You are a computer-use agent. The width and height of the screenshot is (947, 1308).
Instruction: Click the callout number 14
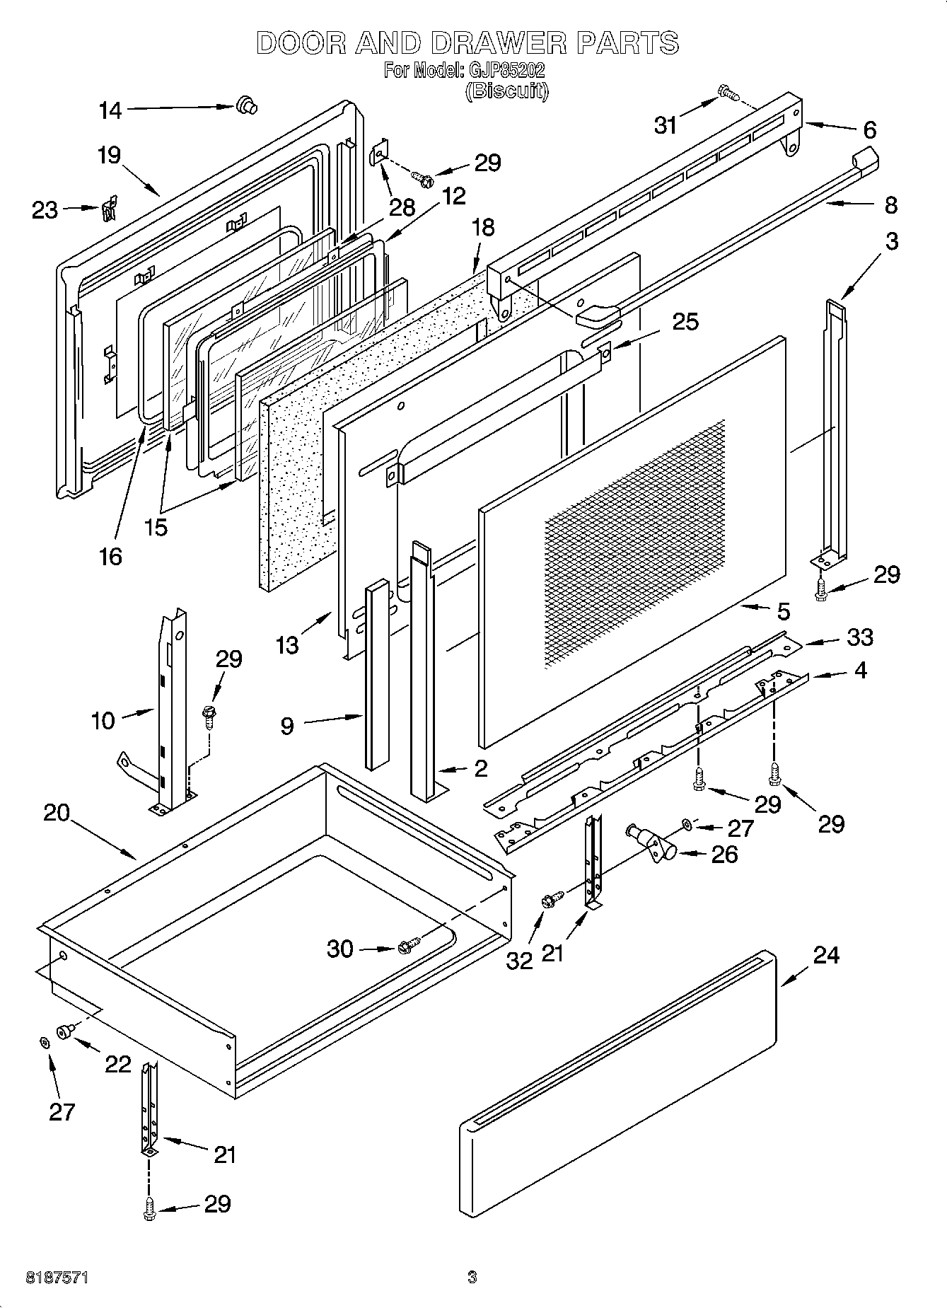click(110, 110)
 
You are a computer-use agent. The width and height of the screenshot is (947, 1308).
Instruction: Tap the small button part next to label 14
click(246, 105)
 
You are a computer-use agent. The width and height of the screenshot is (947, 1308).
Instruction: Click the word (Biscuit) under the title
click(506, 91)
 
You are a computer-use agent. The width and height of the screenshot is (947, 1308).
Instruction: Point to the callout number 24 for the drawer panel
click(825, 956)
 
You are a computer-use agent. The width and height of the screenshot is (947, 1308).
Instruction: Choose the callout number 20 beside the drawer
click(57, 813)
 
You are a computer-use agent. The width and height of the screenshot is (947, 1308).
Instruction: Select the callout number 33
click(859, 637)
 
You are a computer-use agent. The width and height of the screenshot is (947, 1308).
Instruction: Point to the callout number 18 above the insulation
click(483, 228)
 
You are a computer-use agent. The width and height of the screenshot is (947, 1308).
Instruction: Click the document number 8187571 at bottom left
click(57, 1278)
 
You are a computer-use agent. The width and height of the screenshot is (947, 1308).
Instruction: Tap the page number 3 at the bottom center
click(472, 1278)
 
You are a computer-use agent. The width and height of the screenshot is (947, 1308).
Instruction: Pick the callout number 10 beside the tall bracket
click(103, 721)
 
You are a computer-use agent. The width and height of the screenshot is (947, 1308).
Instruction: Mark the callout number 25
click(685, 322)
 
